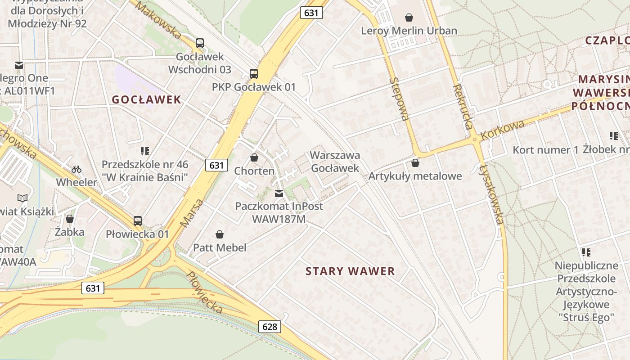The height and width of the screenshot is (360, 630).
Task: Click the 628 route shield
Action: click(x=270, y=326)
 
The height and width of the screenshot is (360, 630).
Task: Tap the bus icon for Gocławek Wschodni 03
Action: click(x=200, y=43)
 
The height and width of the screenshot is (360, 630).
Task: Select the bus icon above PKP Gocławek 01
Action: click(x=254, y=73)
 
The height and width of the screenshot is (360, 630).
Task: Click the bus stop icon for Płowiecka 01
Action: click(x=138, y=220)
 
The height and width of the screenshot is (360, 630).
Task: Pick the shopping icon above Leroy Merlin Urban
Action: click(x=409, y=18)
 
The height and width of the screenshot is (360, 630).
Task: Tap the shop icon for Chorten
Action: click(x=254, y=157)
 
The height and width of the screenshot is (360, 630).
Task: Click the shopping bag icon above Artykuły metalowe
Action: click(x=415, y=162)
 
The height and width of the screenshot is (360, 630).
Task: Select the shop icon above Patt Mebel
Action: click(x=220, y=234)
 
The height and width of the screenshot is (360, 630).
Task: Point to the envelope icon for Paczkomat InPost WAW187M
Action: click(x=279, y=193)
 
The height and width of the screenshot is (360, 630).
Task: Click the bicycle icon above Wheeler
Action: click(x=76, y=169)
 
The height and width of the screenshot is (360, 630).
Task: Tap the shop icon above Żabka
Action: click(x=70, y=219)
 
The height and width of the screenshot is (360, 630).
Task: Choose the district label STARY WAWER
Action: click(x=350, y=271)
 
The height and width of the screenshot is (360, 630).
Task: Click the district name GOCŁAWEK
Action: click(x=146, y=99)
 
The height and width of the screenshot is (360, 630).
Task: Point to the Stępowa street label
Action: click(x=400, y=99)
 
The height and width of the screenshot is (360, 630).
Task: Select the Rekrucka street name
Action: click(x=463, y=107)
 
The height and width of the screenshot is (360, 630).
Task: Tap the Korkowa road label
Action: click(x=502, y=129)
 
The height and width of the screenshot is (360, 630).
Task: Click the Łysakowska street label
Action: click(x=491, y=194)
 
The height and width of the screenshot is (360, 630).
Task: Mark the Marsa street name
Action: click(x=192, y=212)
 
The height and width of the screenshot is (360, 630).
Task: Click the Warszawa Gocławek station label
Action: click(x=335, y=162)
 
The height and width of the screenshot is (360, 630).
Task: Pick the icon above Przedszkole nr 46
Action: click(x=145, y=151)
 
